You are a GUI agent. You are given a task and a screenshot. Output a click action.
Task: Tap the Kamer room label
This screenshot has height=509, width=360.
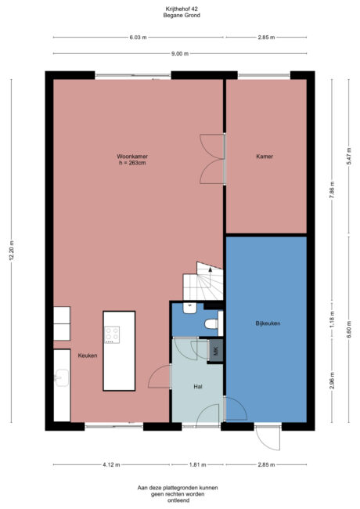[265, 157]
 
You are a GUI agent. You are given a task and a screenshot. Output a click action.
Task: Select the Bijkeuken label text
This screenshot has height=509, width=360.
[267, 323]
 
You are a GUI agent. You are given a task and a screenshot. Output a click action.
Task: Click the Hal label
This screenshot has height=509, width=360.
[198, 387]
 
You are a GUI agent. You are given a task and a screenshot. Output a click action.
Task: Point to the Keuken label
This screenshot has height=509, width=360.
[87, 356]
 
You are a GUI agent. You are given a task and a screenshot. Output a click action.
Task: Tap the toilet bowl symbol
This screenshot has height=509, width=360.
[211, 323]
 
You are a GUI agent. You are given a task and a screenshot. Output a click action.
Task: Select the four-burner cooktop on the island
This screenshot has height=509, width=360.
[112, 334]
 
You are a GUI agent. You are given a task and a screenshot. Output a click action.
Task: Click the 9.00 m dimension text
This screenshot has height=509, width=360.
[180, 53]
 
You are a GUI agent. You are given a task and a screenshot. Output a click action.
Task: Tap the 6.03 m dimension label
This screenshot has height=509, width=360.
[137, 37]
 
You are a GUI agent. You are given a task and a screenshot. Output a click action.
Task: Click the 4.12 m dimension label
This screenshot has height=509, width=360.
[110, 464]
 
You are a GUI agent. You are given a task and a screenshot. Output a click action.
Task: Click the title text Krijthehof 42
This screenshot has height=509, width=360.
[179, 9]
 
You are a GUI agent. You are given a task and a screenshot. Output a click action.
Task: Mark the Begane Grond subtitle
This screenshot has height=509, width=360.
[179, 15]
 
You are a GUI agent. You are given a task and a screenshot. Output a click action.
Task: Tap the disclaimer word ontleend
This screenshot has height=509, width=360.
[179, 499]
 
